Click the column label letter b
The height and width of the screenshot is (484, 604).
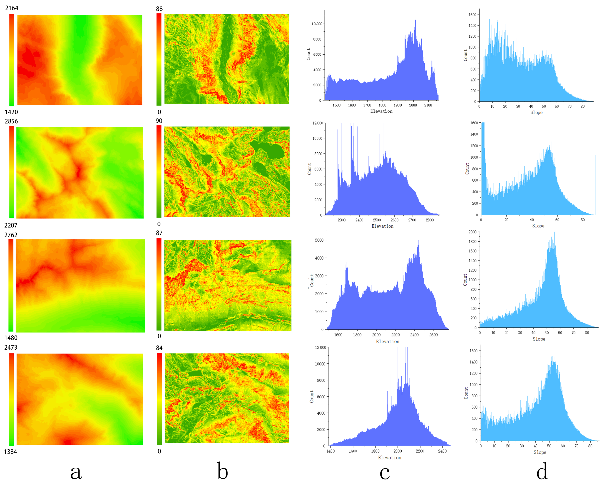pos(223,471)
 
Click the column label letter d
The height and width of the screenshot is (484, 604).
pos(542,471)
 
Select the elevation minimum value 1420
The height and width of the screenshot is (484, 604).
pos(11,112)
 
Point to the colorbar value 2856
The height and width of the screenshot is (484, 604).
pos(11,121)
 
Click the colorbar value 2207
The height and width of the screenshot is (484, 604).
pos(11,225)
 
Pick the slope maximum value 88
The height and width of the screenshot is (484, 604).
pos(159,9)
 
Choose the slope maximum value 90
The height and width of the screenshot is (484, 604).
pos(159,121)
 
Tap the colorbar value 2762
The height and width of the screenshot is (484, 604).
pos(11,235)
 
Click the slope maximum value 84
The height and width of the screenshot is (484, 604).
pos(159,348)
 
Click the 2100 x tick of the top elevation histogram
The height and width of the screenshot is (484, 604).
pos(428,105)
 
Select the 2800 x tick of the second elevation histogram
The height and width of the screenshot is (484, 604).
pos(430,220)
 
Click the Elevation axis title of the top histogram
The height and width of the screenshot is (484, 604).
pos(381,111)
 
